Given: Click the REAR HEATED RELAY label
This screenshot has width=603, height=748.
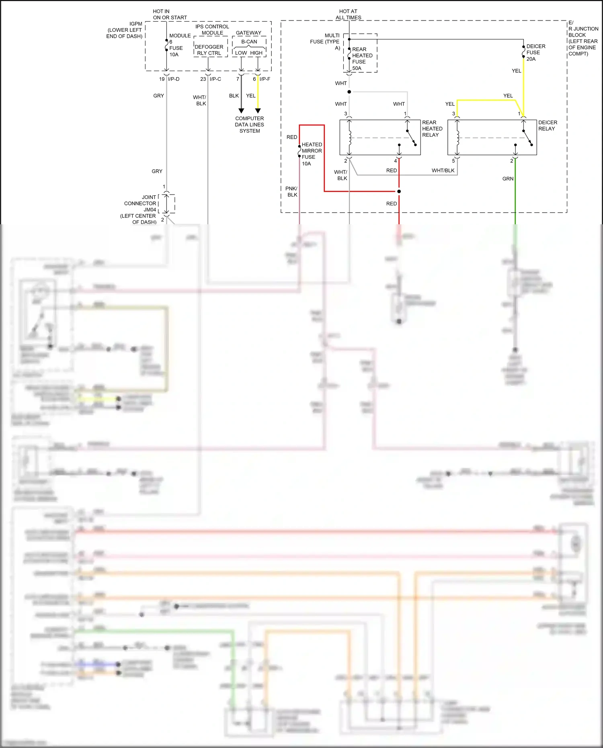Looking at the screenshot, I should tap(432, 129).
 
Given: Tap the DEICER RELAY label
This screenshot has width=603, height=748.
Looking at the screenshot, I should tap(548, 125).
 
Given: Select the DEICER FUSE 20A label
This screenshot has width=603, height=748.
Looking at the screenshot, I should tap(535, 53).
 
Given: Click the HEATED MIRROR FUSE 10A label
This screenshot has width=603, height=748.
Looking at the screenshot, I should tap(312, 154).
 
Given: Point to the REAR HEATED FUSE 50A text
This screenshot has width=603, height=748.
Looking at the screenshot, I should tap(362, 59).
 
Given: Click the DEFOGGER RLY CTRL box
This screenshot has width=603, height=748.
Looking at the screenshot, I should tap(209, 50).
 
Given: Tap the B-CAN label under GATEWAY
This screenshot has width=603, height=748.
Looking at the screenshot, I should tap(249, 42).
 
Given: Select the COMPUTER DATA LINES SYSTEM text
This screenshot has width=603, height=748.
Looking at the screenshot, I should tap(249, 125).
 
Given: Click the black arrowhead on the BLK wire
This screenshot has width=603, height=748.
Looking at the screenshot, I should tap(241, 111).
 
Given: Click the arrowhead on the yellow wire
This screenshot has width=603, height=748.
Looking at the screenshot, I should tap(258, 111).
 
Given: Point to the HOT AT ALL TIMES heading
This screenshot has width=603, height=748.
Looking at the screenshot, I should tap(348, 14).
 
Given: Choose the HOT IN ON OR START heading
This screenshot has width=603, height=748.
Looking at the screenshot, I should tap(169, 14).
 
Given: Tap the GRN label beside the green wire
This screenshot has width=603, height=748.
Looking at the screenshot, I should tap(508, 179).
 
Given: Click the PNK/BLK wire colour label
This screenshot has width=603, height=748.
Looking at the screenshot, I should tap(291, 192).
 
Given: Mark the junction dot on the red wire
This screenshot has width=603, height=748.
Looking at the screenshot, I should tap(399, 191).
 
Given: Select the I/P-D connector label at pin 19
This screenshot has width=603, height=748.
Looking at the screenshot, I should tap(174, 79).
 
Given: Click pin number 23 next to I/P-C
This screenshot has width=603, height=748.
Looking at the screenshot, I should tap(203, 79).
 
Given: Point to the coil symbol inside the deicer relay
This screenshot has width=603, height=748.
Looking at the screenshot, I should tap(457, 138).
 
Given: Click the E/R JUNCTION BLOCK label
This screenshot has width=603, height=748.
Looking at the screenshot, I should tap(582, 38).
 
